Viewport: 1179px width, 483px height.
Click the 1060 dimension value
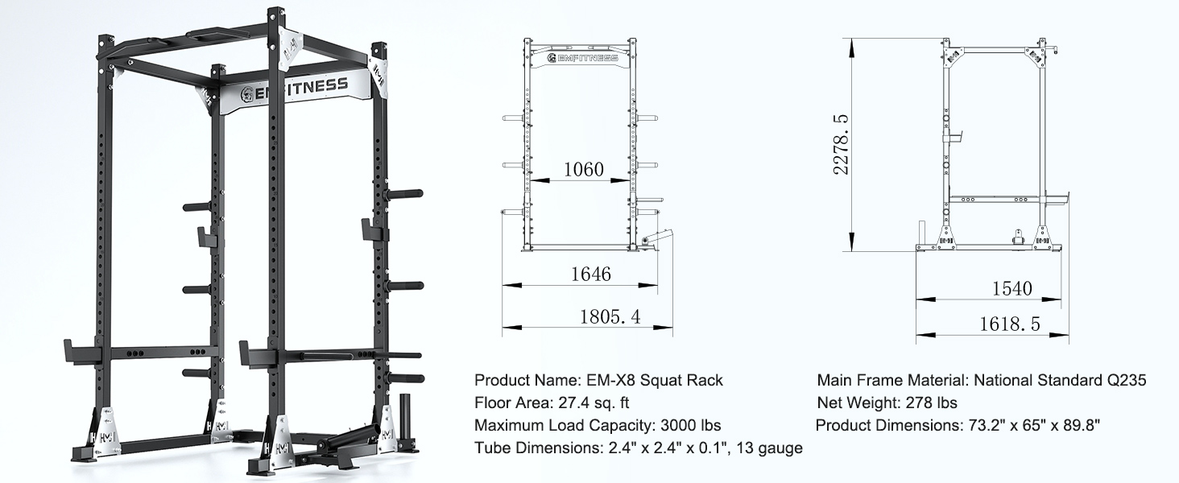pyautogui.click(x=583, y=169)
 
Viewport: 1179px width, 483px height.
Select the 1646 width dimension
pyautogui.click(x=590, y=274)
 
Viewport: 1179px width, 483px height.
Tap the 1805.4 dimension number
pyautogui.click(x=610, y=316)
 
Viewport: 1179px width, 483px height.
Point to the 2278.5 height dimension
pyautogui.click(x=840, y=144)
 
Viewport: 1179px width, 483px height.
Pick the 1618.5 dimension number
pyautogui.click(x=1010, y=324)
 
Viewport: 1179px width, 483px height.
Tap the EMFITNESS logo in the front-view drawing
pyautogui.click(x=581, y=58)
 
